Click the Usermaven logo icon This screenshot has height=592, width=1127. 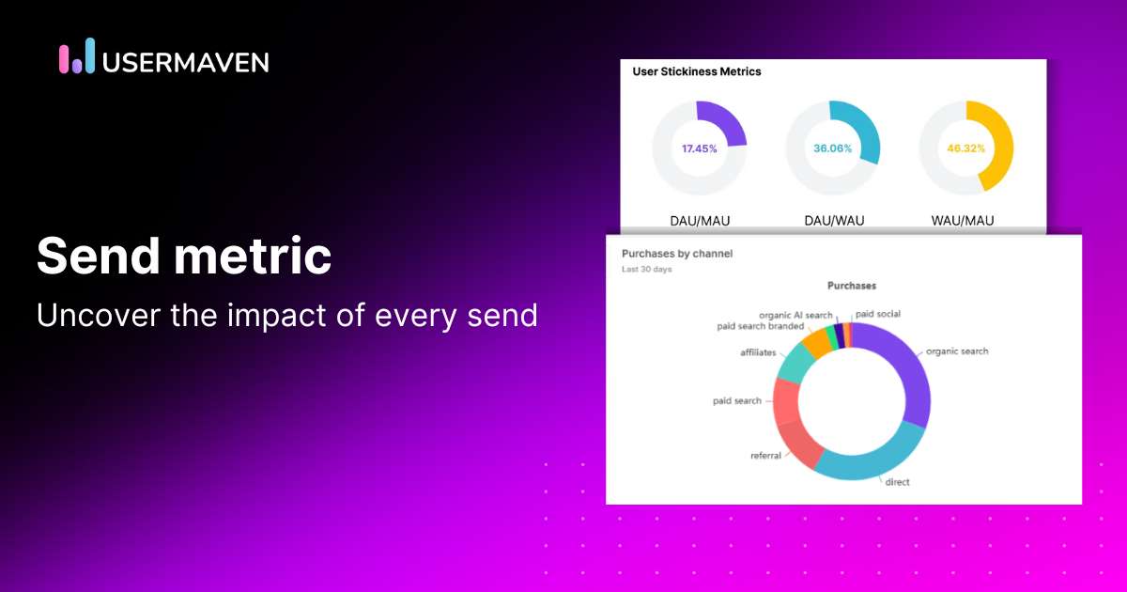(x=77, y=56)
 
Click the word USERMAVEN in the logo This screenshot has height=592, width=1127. (x=186, y=62)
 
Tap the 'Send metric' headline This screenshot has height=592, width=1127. (x=184, y=256)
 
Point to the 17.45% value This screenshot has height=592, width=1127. (x=699, y=148)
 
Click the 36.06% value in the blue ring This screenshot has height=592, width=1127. (x=832, y=148)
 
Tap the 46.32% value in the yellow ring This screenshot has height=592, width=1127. (x=965, y=148)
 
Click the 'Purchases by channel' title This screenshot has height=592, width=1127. (x=677, y=254)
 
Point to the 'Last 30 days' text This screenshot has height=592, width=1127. (x=647, y=270)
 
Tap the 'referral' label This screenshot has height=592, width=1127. (x=765, y=456)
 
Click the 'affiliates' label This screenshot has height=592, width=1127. (x=758, y=352)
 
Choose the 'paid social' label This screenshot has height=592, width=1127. (x=878, y=314)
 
